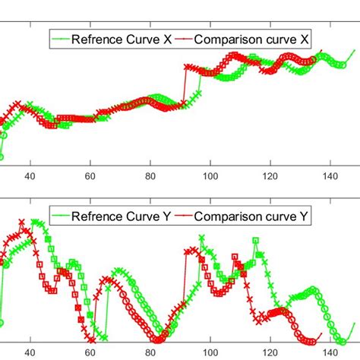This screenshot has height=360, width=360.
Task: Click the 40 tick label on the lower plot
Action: point(30,352)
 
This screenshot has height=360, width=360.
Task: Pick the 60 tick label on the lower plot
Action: point(90,352)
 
